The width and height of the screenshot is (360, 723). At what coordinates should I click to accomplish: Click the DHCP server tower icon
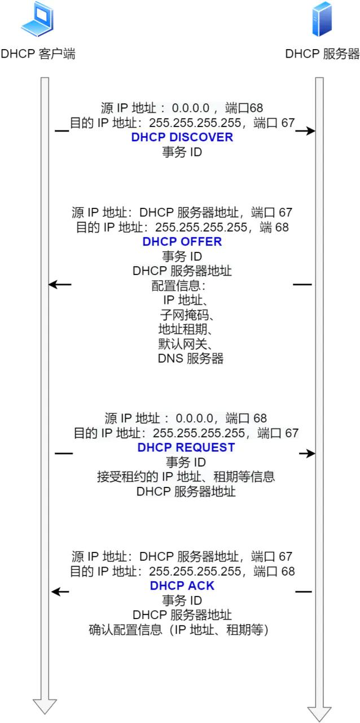pyautogui.click(x=322, y=20)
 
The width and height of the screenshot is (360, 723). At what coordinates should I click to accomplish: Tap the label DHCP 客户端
pyautogui.click(x=38, y=54)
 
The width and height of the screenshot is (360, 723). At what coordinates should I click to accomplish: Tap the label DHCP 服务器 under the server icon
pyautogui.click(x=322, y=54)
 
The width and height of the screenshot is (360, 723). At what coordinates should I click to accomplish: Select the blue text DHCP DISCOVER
pyautogui.click(x=182, y=137)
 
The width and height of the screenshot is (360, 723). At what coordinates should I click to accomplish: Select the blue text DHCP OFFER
pyautogui.click(x=182, y=242)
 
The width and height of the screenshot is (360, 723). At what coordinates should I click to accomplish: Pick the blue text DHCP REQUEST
pyautogui.click(x=186, y=447)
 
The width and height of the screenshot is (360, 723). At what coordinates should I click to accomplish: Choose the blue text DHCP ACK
pyautogui.click(x=182, y=586)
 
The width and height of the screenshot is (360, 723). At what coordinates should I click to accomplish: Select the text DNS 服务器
pyautogui.click(x=190, y=359)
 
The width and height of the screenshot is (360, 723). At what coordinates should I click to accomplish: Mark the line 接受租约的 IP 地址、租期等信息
pyautogui.click(x=186, y=477)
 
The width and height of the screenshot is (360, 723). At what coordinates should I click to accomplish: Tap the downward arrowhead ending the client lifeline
pyautogui.click(x=45, y=706)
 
